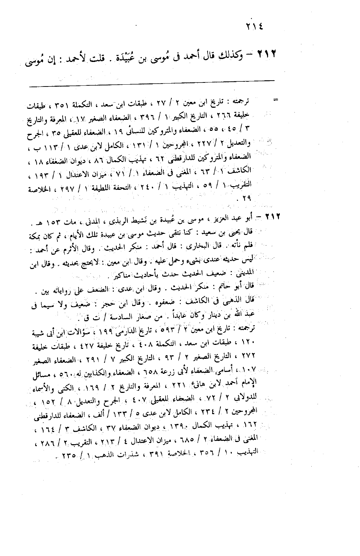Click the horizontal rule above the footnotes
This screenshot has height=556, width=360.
click(152, 87)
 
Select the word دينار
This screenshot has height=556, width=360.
click(229, 315)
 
